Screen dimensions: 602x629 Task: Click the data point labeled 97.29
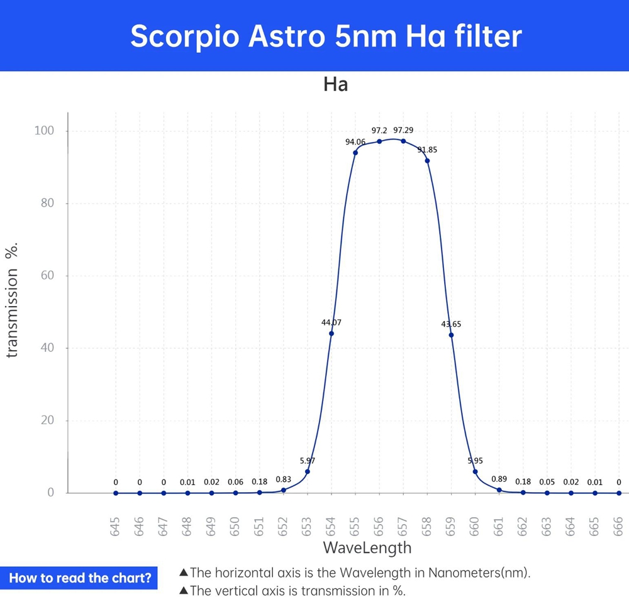(403, 141)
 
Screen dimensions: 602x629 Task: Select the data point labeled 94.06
(355, 153)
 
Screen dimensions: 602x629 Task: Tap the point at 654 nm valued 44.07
(331, 333)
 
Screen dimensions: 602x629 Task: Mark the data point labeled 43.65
(451, 335)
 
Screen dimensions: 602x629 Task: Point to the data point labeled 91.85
(427, 161)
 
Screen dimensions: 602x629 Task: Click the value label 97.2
(379, 131)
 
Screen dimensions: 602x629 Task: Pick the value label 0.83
(283, 479)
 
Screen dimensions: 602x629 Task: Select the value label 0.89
(499, 479)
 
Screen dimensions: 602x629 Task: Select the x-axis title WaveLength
(367, 547)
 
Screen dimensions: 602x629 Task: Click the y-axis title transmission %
(13, 300)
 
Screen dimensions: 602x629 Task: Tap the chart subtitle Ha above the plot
(335, 85)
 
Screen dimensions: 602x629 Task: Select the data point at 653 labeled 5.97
(308, 471)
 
